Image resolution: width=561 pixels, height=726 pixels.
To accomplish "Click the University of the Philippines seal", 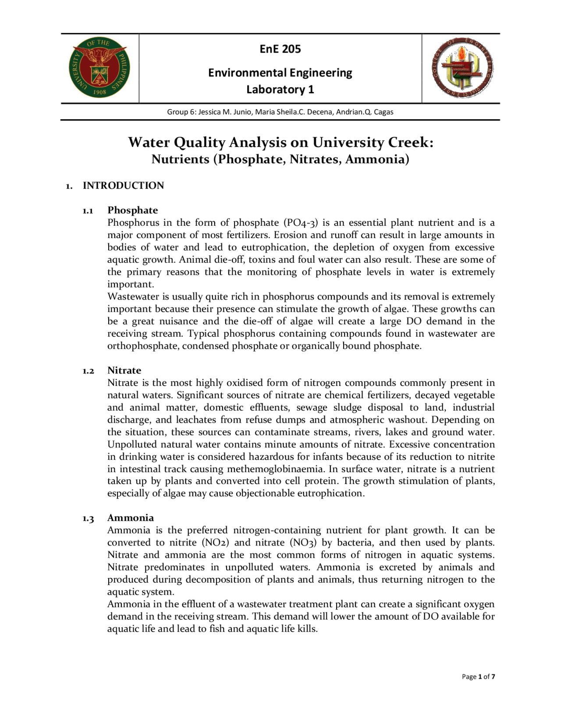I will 99,67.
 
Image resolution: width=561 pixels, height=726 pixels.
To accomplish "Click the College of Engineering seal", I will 462,68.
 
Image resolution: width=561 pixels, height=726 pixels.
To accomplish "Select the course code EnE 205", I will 280,49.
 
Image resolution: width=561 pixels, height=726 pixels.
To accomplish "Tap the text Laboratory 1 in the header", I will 280,89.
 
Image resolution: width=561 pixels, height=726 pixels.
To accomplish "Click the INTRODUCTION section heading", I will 123,185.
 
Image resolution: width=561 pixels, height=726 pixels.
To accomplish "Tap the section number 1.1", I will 88,211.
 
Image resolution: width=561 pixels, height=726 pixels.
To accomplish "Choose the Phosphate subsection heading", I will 132,210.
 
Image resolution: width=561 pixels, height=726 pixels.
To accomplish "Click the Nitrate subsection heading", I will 124,370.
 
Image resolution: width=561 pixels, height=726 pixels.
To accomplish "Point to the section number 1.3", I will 88,519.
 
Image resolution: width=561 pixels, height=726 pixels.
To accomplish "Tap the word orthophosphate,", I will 143,346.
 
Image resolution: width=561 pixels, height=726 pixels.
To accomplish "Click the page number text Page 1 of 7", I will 478,676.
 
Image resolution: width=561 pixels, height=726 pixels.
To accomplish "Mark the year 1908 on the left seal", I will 100,93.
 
